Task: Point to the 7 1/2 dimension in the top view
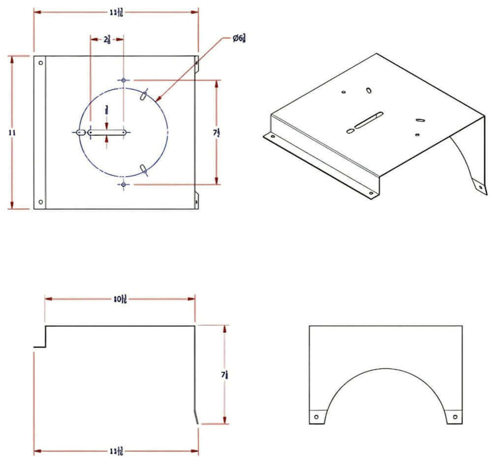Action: [x=217, y=132]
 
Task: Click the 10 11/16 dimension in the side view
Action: [x=120, y=298]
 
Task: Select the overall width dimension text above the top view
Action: [x=116, y=13]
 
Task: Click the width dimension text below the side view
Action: [x=116, y=451]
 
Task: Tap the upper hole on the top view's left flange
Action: [x=40, y=63]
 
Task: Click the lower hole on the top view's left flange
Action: [x=40, y=201]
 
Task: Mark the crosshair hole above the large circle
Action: [x=123, y=79]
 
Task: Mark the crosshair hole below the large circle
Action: [x=123, y=185]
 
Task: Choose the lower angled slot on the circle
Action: [x=143, y=169]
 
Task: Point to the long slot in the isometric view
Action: [x=369, y=120]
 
